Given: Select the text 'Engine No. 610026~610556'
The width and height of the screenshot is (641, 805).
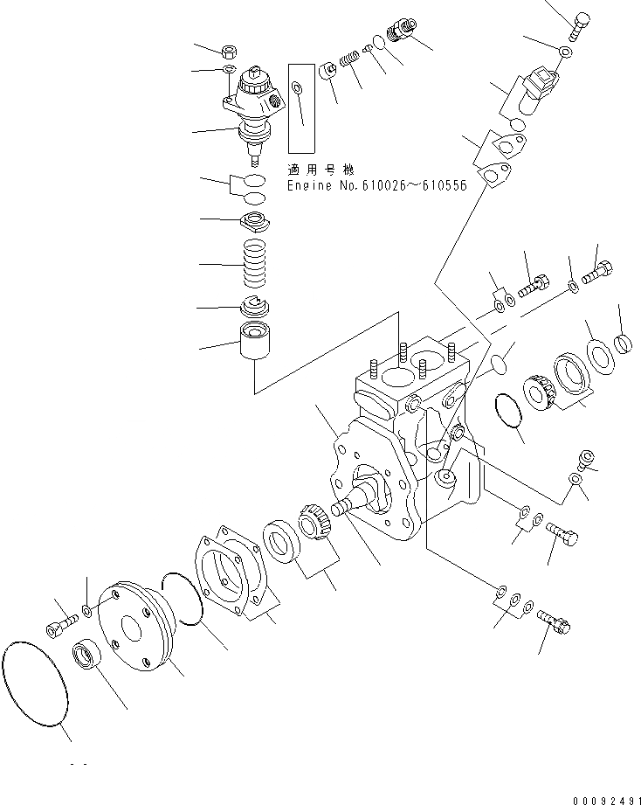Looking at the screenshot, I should [377, 186].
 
